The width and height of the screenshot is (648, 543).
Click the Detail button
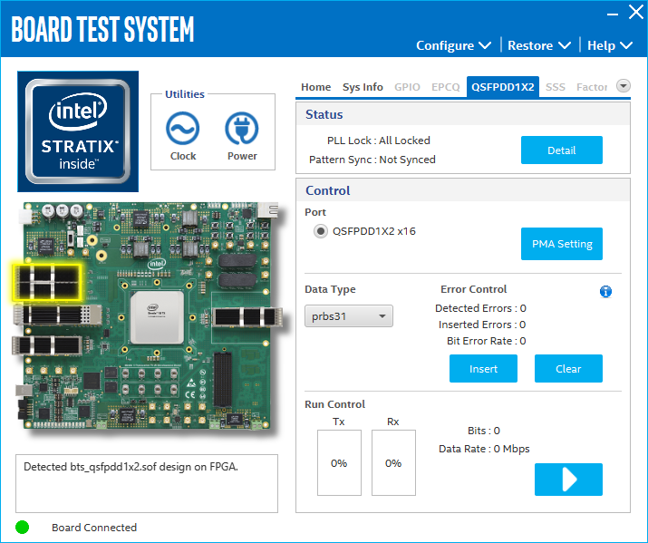[x=561, y=150]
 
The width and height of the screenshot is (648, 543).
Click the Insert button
[x=483, y=369]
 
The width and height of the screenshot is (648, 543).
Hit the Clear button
[x=568, y=369]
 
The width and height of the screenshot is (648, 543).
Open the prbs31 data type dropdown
[x=349, y=316]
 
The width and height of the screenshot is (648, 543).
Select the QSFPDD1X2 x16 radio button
[x=320, y=231]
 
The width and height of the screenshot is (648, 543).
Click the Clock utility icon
[x=183, y=131]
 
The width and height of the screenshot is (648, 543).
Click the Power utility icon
[x=242, y=131]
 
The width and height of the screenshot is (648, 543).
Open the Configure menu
[x=453, y=45]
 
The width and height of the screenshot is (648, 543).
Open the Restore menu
[x=538, y=45]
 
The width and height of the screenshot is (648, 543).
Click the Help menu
[x=613, y=45]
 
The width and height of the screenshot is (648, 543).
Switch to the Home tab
[x=315, y=87]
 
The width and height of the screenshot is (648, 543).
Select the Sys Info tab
[x=363, y=87]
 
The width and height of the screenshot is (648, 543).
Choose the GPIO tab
[x=407, y=87]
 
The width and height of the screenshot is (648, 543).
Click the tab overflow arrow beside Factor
[x=623, y=86]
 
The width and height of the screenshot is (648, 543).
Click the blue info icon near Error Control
[x=605, y=291]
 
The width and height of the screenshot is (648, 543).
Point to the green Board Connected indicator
[x=23, y=527]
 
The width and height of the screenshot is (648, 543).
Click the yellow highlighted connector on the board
[x=45, y=282]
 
